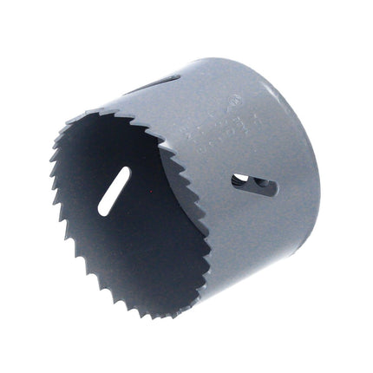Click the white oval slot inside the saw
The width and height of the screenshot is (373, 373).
pos(114,191)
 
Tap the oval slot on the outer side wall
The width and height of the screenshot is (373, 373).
pos(253,184)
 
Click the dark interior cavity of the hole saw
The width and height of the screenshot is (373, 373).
pos(130,217)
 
